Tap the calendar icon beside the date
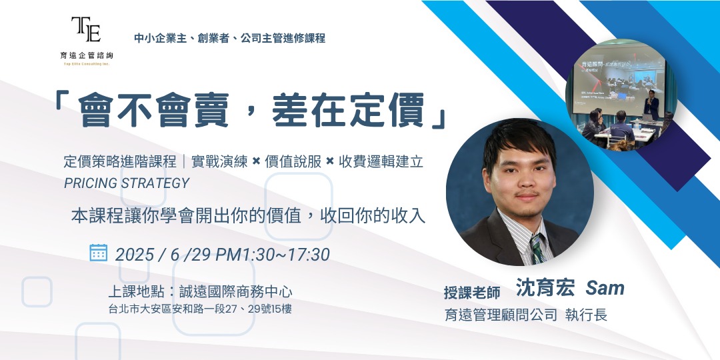98,252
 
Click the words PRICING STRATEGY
127,183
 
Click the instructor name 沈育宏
545,287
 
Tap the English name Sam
605,288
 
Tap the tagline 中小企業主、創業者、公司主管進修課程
229,38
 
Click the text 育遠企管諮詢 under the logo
87,56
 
